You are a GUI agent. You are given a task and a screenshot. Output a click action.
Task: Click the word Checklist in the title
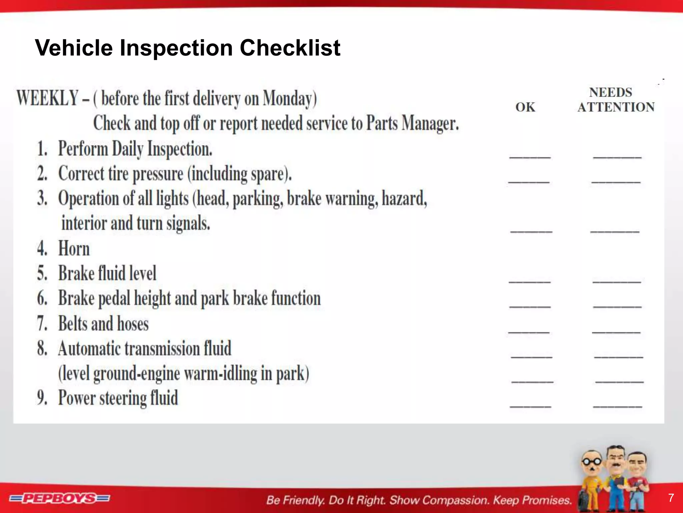click(x=290, y=48)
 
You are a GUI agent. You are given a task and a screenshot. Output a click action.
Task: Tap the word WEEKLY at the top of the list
click(x=48, y=99)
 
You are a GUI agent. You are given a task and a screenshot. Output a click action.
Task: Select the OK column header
click(x=525, y=107)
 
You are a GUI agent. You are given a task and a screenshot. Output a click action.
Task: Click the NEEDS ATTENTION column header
click(x=616, y=100)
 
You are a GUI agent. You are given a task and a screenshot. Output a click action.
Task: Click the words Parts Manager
click(x=413, y=124)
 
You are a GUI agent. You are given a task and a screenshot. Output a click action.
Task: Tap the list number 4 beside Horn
click(x=42, y=249)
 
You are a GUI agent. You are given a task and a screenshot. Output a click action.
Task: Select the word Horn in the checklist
click(x=74, y=249)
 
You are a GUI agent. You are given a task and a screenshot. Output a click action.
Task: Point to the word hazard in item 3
click(x=404, y=199)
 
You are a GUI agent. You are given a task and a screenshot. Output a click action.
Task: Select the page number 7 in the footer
click(x=671, y=498)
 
